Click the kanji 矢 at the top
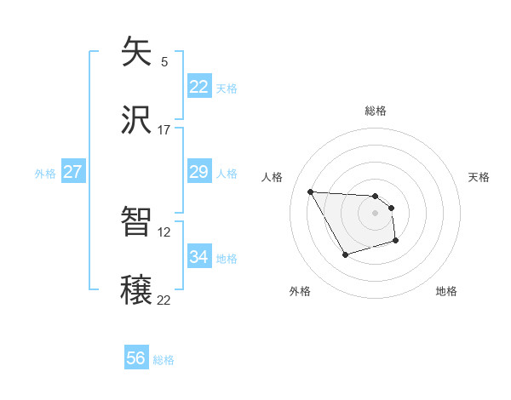coord(136,53)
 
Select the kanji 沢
coord(136,122)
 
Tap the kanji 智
coord(136,222)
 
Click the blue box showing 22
coord(198,87)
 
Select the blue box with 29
coord(198,172)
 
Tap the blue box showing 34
coord(198,257)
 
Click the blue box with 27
coord(72,172)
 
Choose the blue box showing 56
coord(136,358)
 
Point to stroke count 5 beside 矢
coord(164,61)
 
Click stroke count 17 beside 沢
coord(164,130)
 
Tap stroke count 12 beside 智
coord(164,231)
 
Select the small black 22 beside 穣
coord(164,300)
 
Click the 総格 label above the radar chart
coord(376,111)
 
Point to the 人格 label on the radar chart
coord(273,177)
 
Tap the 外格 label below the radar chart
coord(300,291)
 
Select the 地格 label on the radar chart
coord(446,291)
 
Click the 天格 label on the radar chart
coord(479,177)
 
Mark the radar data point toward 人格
coord(310,191)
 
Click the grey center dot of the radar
coord(376,213)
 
